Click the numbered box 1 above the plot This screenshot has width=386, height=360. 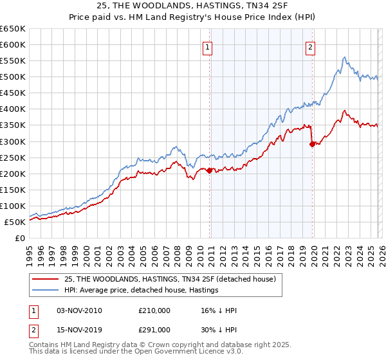209,46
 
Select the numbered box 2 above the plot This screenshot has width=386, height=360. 311,46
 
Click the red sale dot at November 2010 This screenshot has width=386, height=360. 209,170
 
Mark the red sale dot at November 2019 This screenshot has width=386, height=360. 312,144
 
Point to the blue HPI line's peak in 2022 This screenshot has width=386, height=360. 345,58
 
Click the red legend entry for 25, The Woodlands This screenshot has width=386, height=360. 170,279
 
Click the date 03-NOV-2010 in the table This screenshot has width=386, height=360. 80,311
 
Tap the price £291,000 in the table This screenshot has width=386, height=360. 154,329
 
